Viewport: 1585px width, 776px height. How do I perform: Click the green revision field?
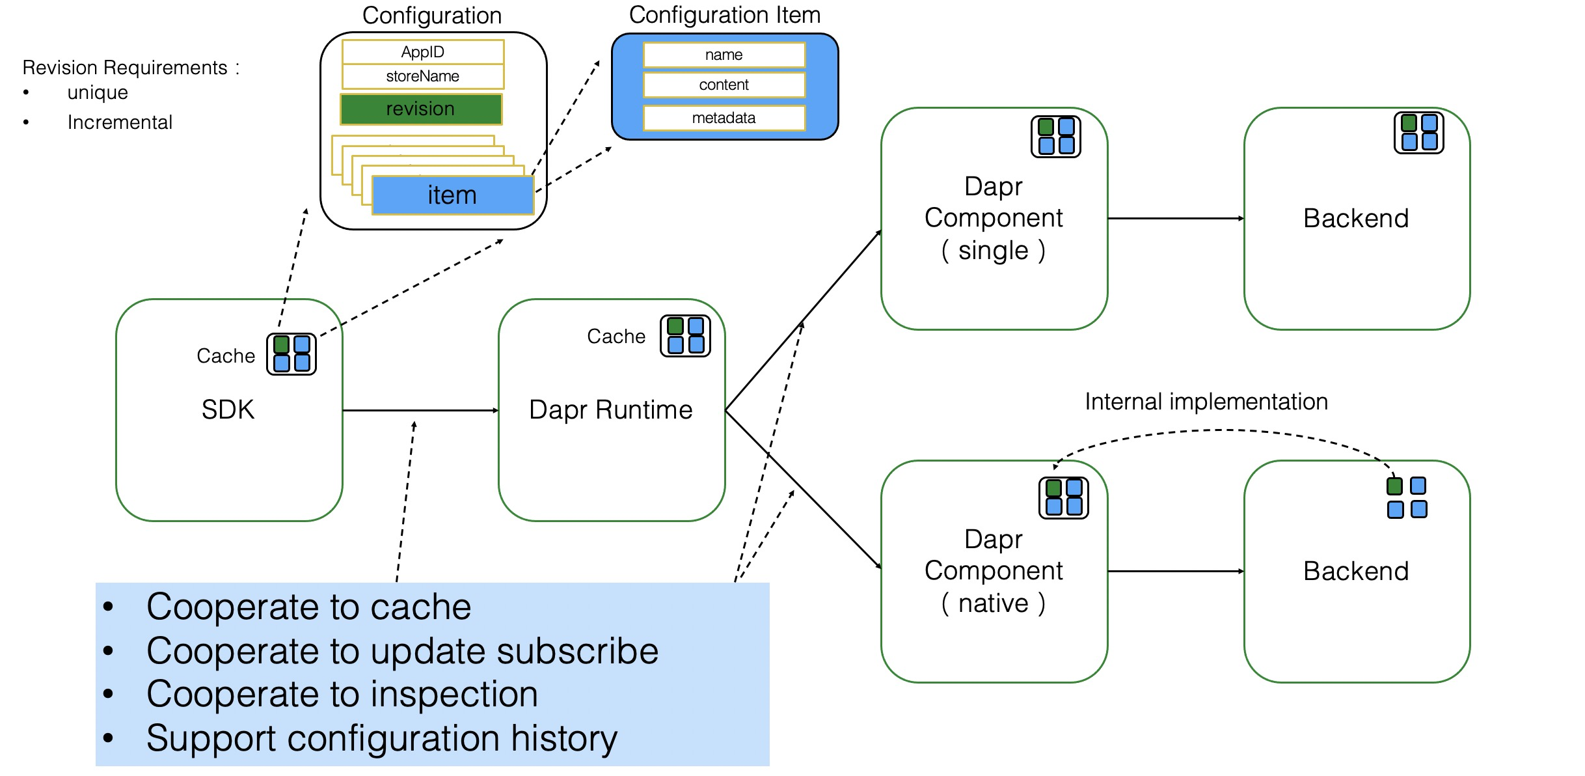[x=421, y=109]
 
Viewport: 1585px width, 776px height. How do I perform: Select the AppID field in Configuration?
[x=423, y=52]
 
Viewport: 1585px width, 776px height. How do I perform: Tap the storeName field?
[x=423, y=76]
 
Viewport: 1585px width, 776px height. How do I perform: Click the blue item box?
[x=453, y=195]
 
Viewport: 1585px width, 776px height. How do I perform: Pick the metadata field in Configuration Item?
[x=724, y=118]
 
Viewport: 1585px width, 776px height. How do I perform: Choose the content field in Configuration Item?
[x=724, y=85]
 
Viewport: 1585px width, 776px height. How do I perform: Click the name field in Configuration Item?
[x=724, y=55]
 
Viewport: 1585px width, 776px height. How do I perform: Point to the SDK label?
[x=228, y=409]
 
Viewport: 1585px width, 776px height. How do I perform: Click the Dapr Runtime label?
[x=610, y=410]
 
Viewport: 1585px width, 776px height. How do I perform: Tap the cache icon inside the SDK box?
[x=291, y=354]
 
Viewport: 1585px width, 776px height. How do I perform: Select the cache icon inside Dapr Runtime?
[x=685, y=336]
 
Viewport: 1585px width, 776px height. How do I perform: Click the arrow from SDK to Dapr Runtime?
[x=420, y=410]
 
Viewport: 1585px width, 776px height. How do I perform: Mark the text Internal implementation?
[x=1206, y=402]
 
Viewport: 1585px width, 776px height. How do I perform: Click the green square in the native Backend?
[x=1394, y=486]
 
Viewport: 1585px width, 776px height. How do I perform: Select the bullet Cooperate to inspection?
[x=342, y=694]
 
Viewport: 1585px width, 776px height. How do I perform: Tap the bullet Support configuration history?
[x=381, y=738]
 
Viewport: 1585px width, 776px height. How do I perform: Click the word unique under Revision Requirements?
[x=98, y=92]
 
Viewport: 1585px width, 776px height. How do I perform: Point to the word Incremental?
[x=120, y=122]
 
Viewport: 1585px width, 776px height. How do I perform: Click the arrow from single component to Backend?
[x=1176, y=218]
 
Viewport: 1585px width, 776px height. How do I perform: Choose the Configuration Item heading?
[x=724, y=15]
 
